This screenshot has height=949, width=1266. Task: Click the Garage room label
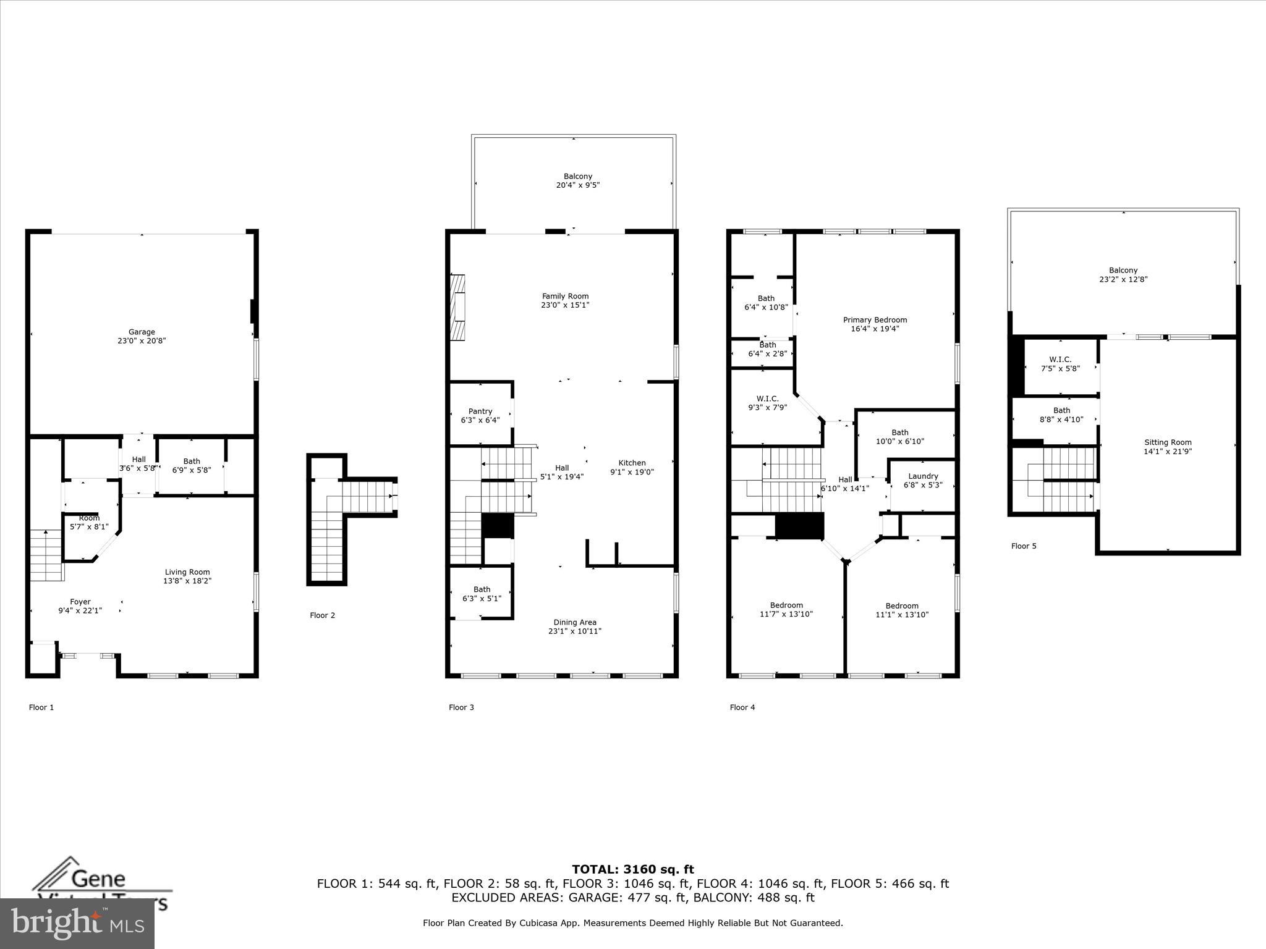pos(142,332)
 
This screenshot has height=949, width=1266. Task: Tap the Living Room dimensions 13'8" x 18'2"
pos(187,581)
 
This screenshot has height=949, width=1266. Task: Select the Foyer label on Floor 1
pos(80,602)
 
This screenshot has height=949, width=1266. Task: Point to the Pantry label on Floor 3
pos(480,411)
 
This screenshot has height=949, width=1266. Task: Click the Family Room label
pos(565,297)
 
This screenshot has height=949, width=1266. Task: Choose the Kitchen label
pos(632,463)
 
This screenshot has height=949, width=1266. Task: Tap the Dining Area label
pos(574,622)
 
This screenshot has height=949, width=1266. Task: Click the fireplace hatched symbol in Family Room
pos(457,307)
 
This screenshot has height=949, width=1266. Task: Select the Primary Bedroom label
pos(875,320)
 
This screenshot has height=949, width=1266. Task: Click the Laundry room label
pos(923,476)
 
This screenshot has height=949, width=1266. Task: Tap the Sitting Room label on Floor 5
pos(1167,442)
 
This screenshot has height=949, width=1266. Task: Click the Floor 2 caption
pos(322,615)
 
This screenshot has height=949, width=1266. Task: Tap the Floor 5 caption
pos(1023,546)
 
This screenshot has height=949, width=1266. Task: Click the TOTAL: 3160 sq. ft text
pos(632,869)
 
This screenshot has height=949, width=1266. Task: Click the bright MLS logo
pos(77,923)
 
